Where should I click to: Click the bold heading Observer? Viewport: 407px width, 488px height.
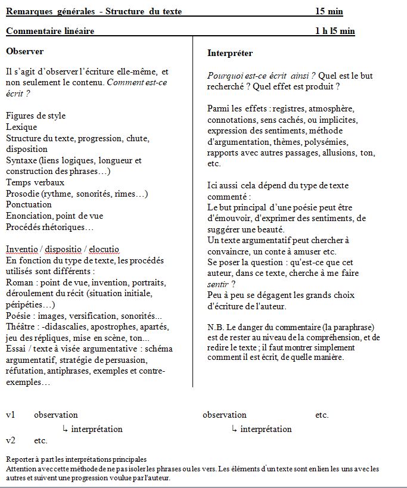point(24,51)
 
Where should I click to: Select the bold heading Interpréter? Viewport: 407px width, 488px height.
point(230,53)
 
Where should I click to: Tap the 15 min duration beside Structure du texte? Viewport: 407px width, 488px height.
point(329,11)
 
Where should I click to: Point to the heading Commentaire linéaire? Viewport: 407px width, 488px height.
point(50,31)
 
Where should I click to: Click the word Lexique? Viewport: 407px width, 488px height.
point(21,127)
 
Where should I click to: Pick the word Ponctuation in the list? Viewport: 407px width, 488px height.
point(29,204)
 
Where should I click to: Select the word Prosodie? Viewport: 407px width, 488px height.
point(23,194)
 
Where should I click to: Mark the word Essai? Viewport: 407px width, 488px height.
point(17,349)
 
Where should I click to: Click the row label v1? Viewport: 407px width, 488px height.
point(11,415)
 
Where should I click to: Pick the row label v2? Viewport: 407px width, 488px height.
point(11,441)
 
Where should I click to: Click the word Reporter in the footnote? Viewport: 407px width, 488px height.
point(20,459)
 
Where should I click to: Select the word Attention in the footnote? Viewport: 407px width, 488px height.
point(21,469)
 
